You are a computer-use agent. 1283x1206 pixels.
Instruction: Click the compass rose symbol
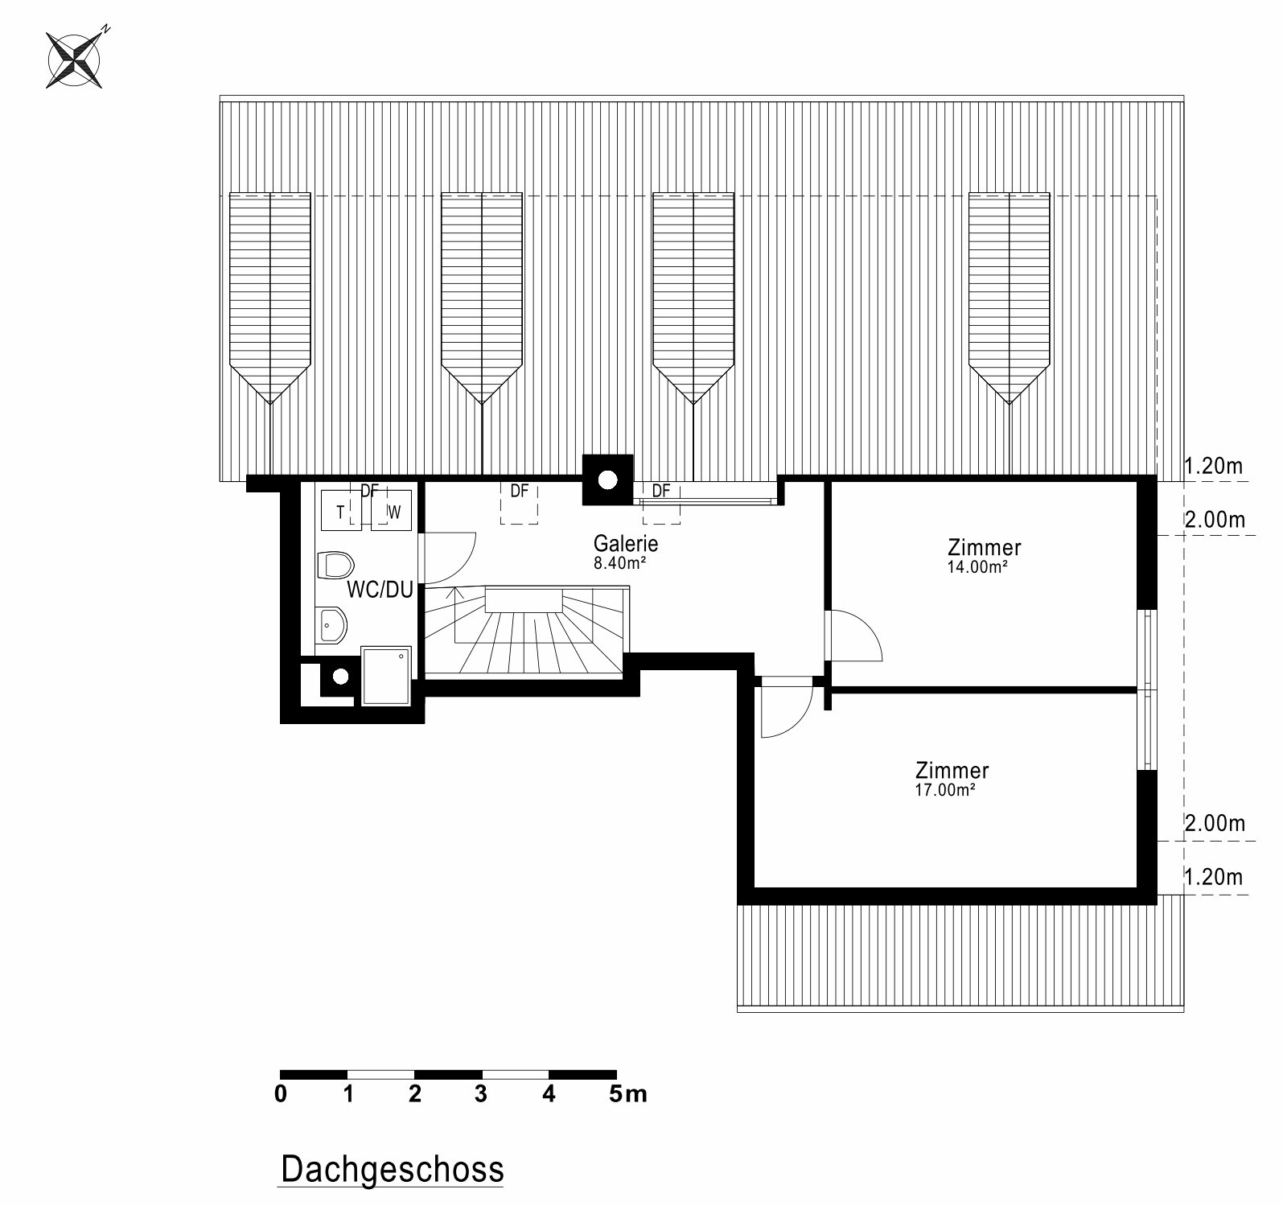74,59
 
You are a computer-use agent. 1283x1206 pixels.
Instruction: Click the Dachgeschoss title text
393,1169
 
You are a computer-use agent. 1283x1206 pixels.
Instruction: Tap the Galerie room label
626,543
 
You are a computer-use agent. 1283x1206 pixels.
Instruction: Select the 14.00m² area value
977,566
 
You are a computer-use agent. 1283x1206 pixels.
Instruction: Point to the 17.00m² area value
945,790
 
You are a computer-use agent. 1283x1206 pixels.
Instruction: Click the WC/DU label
380,590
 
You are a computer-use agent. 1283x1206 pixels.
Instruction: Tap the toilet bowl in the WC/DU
335,565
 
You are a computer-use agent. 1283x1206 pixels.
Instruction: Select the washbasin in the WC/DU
332,625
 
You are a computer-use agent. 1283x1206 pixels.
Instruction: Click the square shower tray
387,676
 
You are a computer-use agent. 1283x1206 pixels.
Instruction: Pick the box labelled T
341,512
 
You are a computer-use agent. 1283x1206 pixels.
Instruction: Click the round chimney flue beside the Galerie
607,480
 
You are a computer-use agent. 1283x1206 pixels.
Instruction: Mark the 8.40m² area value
620,563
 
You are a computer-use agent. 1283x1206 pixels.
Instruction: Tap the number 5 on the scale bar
615,1093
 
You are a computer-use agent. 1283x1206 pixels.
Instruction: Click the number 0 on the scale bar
280,1093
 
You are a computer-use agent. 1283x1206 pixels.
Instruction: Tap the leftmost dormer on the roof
270,297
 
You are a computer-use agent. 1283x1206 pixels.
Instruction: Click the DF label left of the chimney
520,490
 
